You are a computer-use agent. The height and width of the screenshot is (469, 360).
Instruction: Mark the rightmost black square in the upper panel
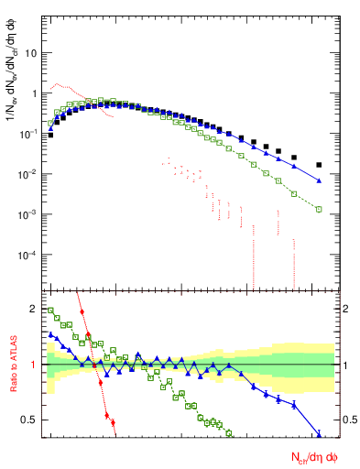(319, 165)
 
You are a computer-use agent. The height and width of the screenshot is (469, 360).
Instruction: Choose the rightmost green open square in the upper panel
(319, 210)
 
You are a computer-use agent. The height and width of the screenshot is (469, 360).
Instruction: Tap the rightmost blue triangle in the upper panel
(319, 180)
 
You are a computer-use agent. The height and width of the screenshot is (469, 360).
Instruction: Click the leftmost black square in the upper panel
(51, 136)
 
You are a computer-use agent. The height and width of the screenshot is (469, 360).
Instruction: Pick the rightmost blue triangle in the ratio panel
(319, 434)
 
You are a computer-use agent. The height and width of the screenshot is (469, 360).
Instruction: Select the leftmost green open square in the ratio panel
(51, 311)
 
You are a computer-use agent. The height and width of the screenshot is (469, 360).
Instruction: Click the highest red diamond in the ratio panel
(82, 313)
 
